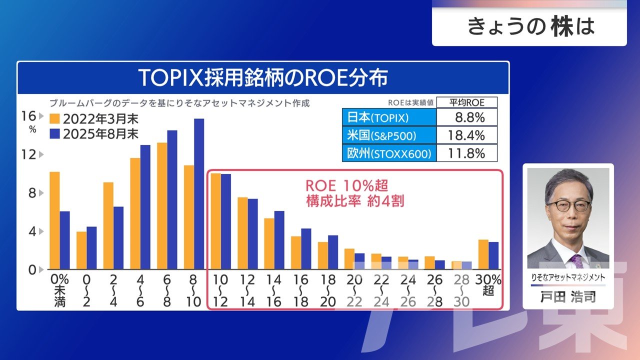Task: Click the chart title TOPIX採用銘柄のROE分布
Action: [x=263, y=78]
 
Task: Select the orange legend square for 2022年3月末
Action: [x=54, y=119]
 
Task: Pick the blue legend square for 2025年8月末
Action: [x=54, y=133]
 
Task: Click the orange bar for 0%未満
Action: [x=54, y=220]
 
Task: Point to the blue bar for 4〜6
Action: [x=145, y=207]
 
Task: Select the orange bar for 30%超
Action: [x=483, y=254]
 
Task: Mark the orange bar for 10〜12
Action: [x=215, y=221]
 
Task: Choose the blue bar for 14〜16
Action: [x=279, y=240]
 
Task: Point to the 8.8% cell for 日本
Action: [x=467, y=118]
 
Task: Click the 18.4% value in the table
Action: [x=467, y=135]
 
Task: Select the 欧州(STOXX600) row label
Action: [x=389, y=153]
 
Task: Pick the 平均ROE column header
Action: [x=467, y=102]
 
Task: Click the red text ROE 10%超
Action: [x=346, y=185]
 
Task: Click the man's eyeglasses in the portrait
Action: [x=568, y=205]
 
